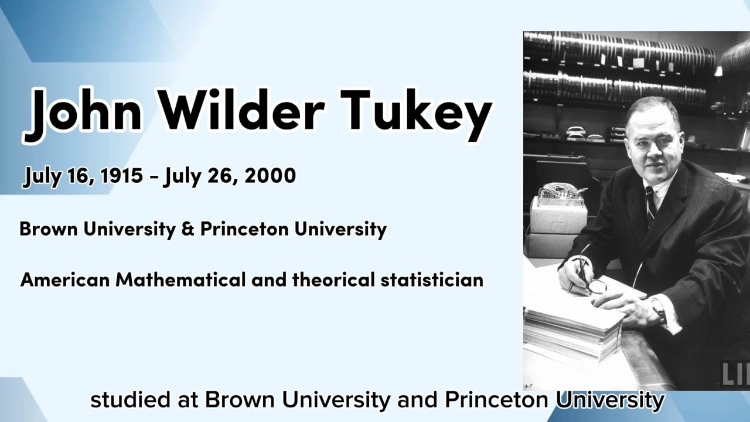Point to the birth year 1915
(x=122, y=176)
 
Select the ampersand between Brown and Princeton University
(x=187, y=229)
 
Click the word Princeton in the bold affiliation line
(x=244, y=229)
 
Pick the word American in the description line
(x=65, y=280)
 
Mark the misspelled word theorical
(x=333, y=280)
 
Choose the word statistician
(x=432, y=280)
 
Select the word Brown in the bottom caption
(x=237, y=401)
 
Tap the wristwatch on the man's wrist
(x=659, y=309)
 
